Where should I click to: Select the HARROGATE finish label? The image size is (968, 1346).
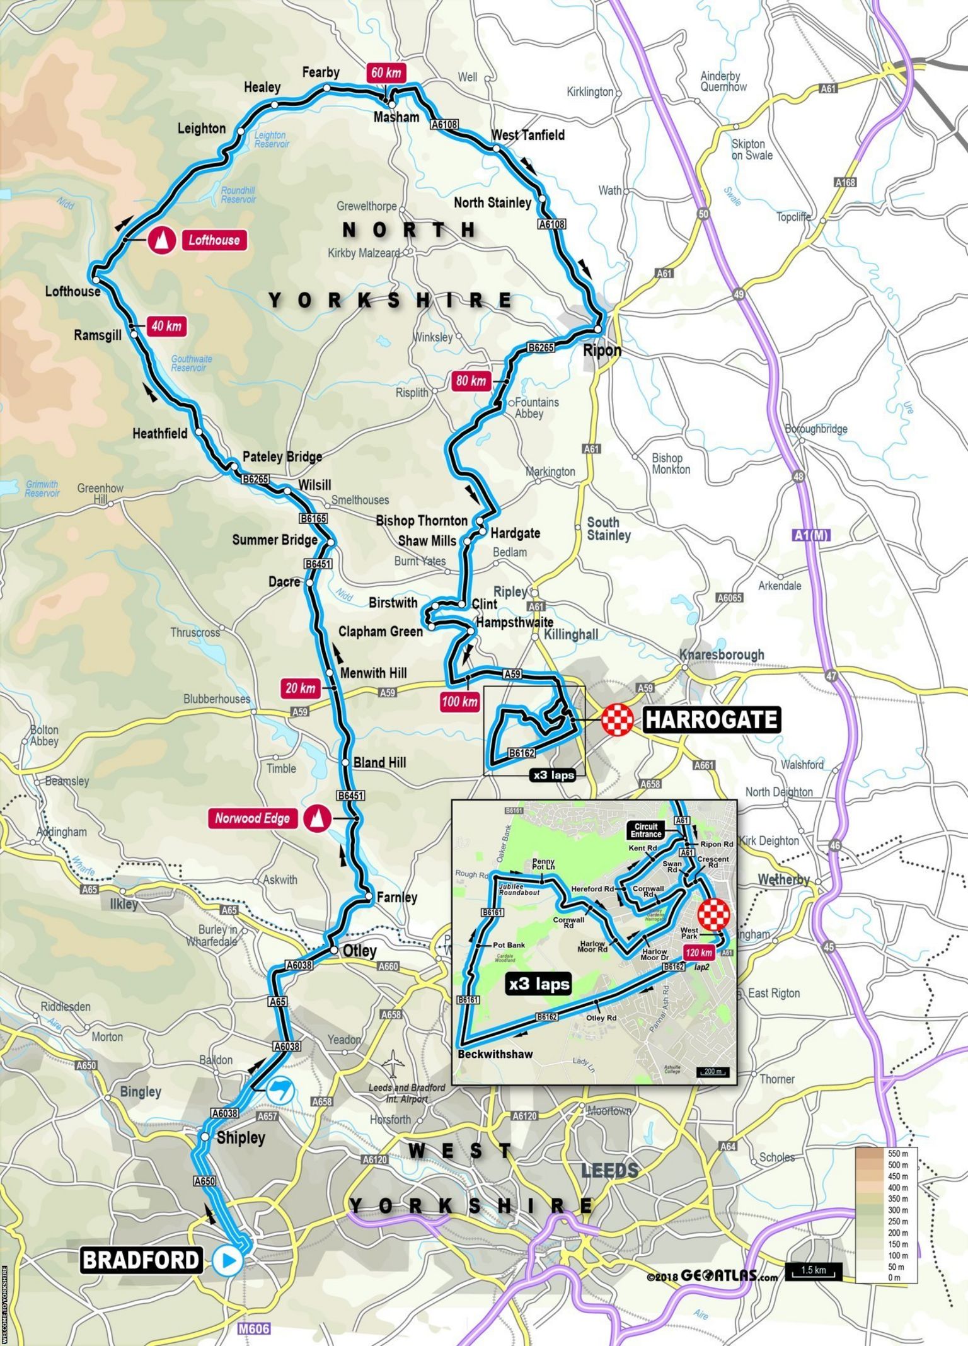point(712,719)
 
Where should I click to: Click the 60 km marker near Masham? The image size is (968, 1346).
point(386,73)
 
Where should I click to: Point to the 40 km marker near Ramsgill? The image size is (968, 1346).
point(166,326)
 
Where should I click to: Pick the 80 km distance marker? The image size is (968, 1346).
point(471,381)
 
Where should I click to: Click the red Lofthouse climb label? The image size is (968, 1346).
point(214,240)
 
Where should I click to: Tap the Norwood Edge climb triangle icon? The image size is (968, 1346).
point(317,818)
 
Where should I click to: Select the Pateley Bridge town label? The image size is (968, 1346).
point(282,456)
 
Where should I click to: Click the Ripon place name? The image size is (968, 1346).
point(602,351)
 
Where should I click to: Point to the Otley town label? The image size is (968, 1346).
point(359,951)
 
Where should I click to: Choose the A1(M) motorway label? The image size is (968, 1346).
point(810,536)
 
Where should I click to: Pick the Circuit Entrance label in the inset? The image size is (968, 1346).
point(645,830)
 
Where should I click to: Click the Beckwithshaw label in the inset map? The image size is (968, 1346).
point(495,1053)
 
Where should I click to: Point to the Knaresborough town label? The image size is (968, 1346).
point(722,654)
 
